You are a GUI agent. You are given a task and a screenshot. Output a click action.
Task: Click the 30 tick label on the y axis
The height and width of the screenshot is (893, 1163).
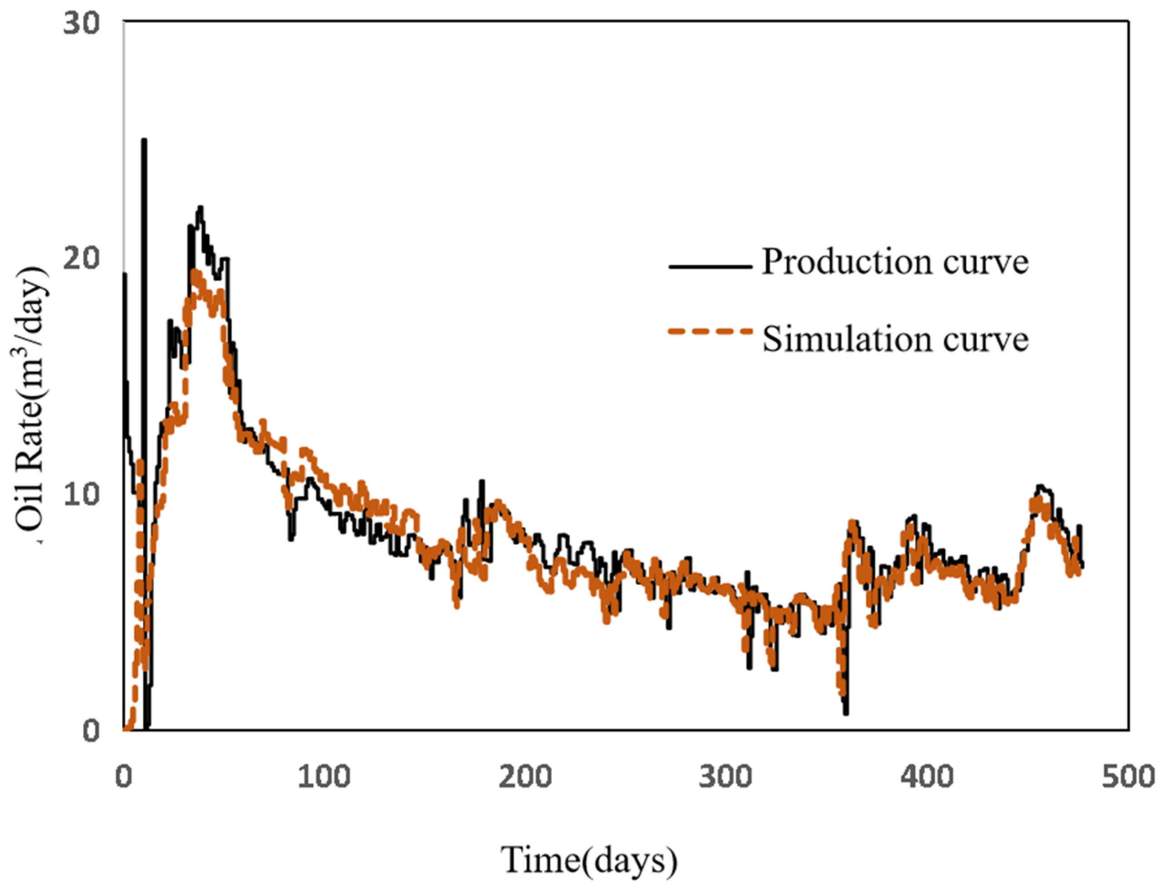pos(81,25)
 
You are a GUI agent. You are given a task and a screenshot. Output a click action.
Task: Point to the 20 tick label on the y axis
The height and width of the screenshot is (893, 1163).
pos(81,259)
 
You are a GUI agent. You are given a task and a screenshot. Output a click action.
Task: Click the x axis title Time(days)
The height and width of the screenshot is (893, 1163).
pos(589,860)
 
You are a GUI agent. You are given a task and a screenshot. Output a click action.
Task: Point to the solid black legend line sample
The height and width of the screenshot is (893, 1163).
pos(710,266)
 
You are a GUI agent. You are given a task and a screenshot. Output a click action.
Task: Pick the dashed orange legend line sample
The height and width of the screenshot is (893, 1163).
pos(710,332)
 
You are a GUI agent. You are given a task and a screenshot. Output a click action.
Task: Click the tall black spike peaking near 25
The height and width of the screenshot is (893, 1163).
pos(144,141)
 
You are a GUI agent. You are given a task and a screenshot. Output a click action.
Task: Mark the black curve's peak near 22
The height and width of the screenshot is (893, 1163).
pos(200,208)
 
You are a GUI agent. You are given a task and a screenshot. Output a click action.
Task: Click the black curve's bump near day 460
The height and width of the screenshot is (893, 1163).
pos(1041,486)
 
